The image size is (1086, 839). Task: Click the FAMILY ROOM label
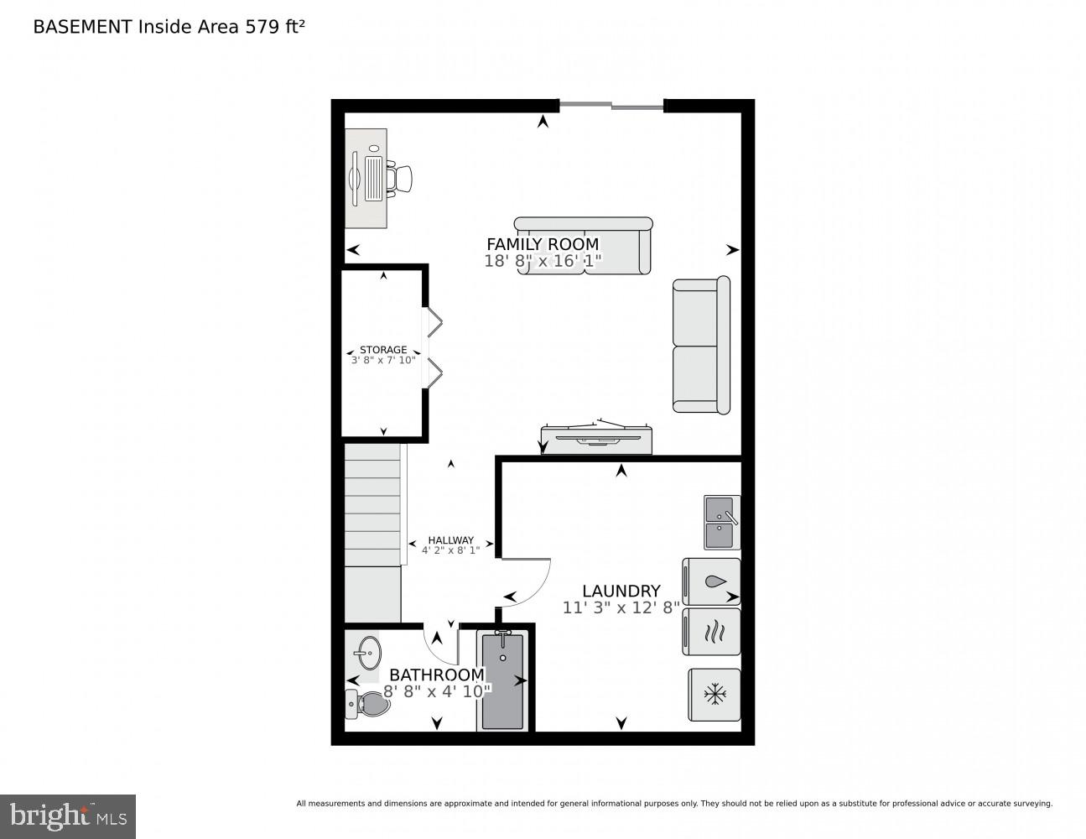(543, 244)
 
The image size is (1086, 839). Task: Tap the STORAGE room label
(383, 350)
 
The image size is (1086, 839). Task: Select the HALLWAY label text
(450, 540)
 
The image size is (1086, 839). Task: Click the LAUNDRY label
(621, 591)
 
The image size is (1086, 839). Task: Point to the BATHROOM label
(436, 675)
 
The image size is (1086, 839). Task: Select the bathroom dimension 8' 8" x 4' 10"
(436, 691)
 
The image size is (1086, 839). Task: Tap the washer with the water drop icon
(712, 581)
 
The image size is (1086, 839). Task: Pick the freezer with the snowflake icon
(714, 695)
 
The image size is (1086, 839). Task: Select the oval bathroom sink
(367, 650)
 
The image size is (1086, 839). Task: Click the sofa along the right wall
(700, 345)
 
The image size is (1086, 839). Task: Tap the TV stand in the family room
(596, 440)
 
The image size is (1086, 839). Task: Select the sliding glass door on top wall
(611, 106)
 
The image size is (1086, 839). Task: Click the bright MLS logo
(67, 816)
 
